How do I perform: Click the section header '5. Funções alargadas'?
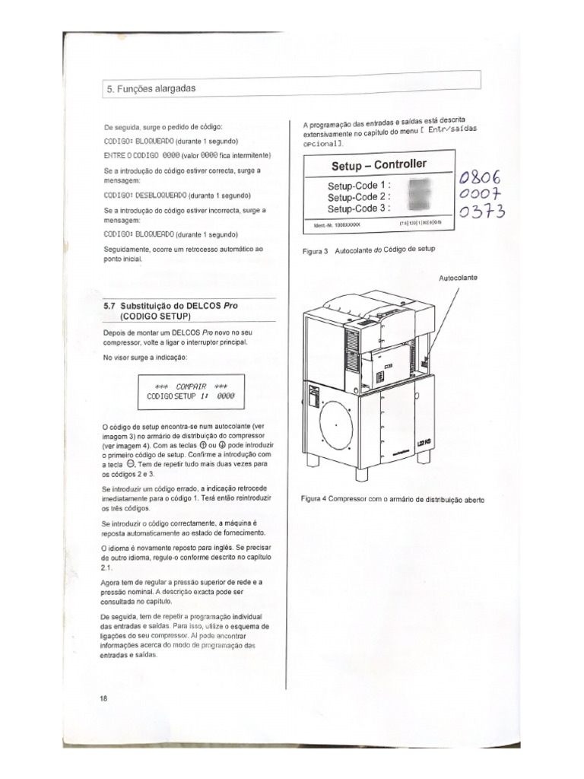pos(149,88)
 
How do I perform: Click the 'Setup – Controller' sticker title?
pos(379,165)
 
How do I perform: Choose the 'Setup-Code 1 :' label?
pos(360,185)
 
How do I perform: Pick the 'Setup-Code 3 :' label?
pos(360,208)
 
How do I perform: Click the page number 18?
pos(104,698)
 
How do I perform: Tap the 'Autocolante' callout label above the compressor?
pos(459,278)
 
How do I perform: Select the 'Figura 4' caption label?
pos(313,499)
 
